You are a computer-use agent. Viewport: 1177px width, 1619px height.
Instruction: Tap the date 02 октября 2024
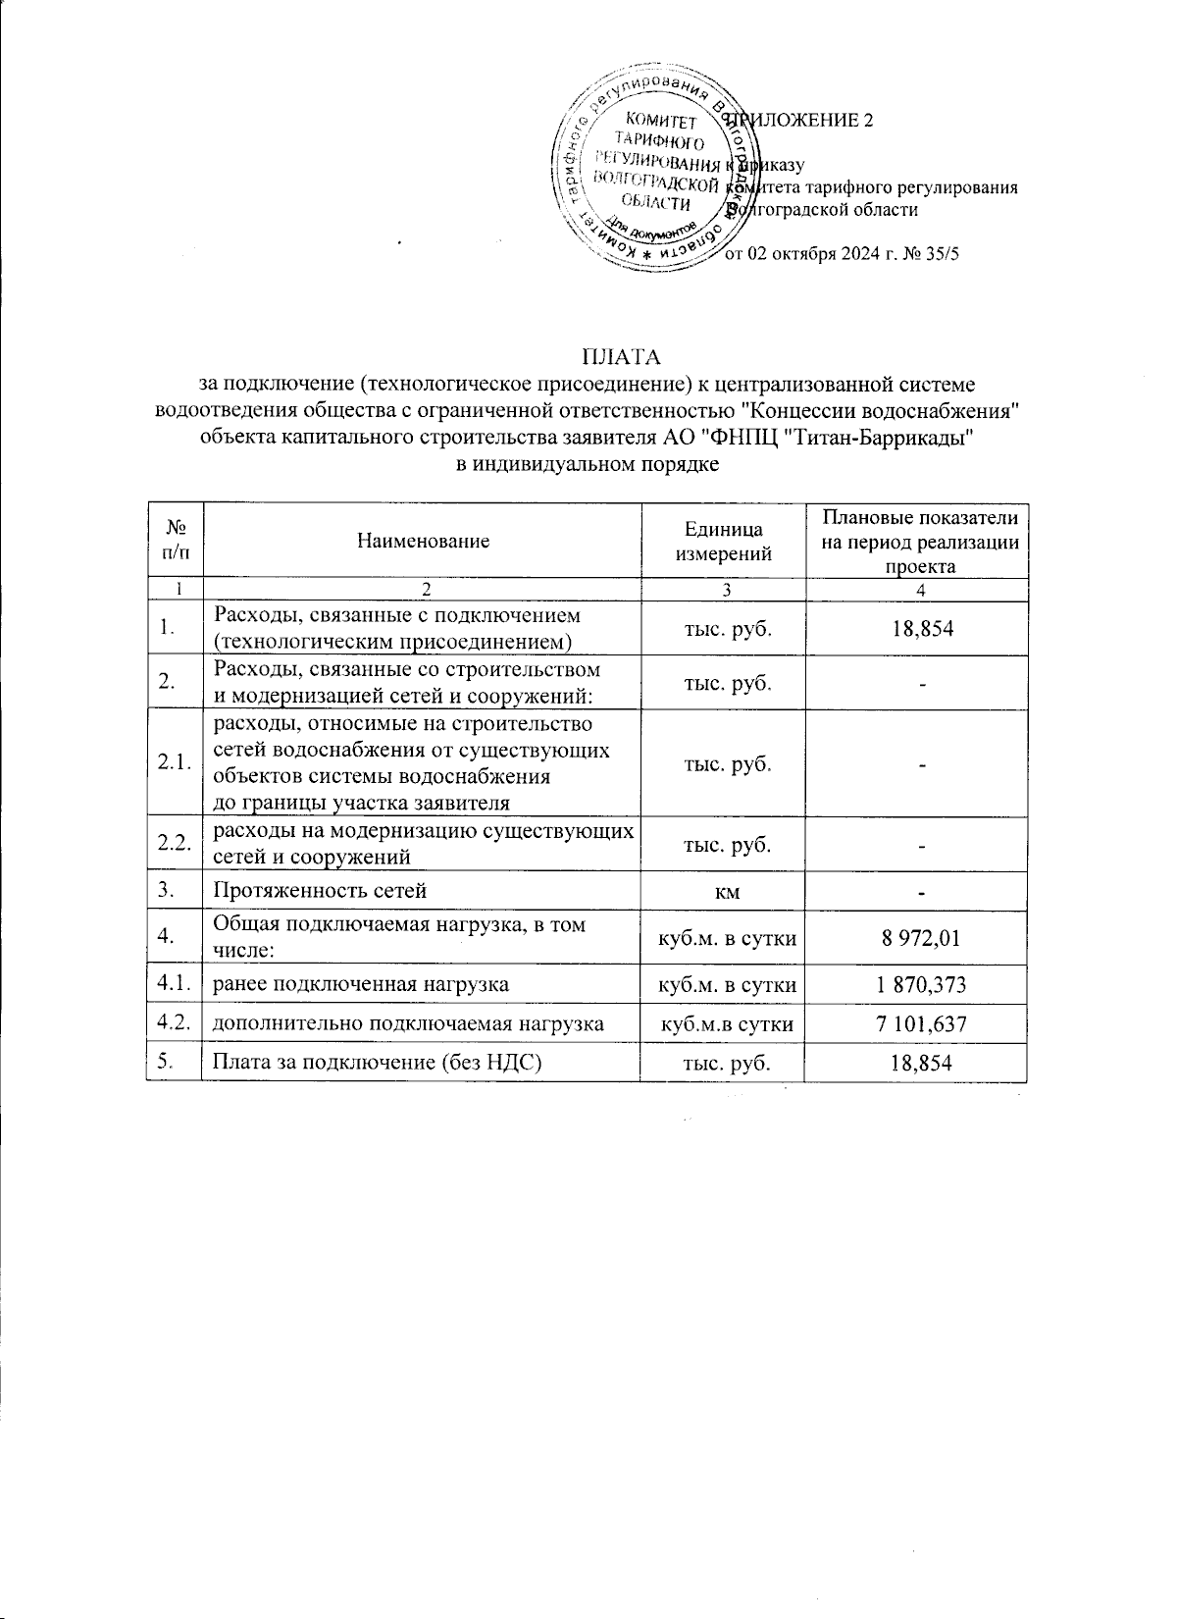tap(817, 254)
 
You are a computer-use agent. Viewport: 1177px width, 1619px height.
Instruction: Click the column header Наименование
tap(423, 541)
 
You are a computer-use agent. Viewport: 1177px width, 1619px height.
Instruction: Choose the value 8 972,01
tap(918, 938)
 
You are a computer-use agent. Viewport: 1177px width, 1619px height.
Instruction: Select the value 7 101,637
tap(918, 1024)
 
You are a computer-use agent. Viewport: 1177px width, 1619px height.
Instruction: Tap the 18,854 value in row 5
tap(918, 1063)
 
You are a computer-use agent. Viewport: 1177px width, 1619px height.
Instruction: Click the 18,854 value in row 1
tap(918, 628)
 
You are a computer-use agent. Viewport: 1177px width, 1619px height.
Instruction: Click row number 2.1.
tap(174, 763)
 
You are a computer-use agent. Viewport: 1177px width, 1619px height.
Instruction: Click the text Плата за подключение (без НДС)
tap(379, 1063)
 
